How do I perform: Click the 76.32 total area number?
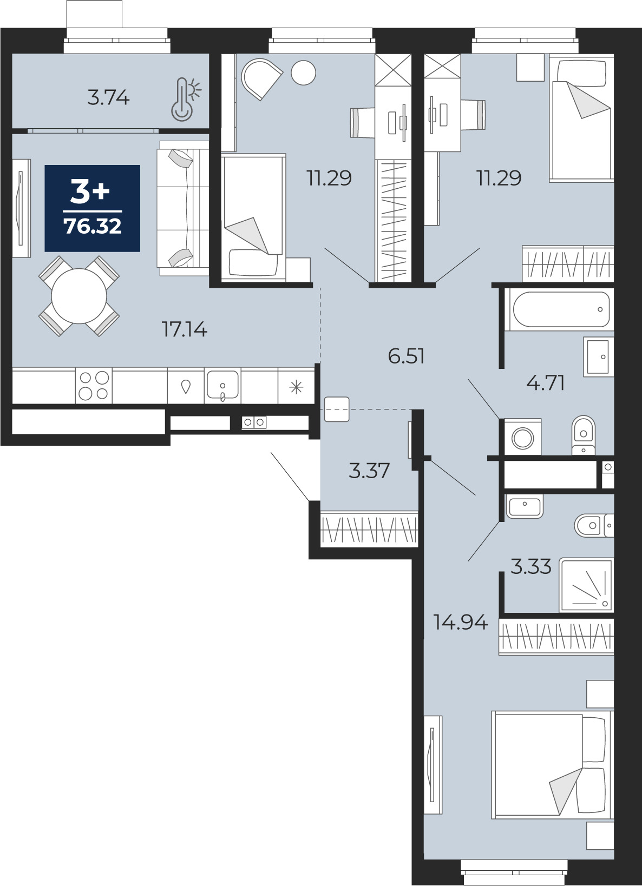pos(93,226)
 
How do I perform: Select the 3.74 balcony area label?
pos(108,98)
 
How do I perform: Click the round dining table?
pos(79,296)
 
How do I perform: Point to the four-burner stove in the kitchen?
pos(94,386)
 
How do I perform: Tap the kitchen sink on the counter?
pos(222,385)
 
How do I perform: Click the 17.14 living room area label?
pos(185,329)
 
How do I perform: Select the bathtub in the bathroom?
pos(561,309)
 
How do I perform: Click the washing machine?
pos(522,437)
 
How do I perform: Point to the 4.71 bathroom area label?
pos(546,383)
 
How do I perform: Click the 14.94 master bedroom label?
pos(460,623)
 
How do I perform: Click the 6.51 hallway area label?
pos(406,356)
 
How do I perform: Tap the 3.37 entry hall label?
pos(369,471)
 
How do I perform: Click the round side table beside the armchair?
pos(303,72)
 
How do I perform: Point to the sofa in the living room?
pos(183,208)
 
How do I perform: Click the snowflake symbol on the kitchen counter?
pos(296,386)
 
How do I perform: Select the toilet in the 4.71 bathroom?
pos(584,435)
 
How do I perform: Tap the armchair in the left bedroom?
pos(261,79)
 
